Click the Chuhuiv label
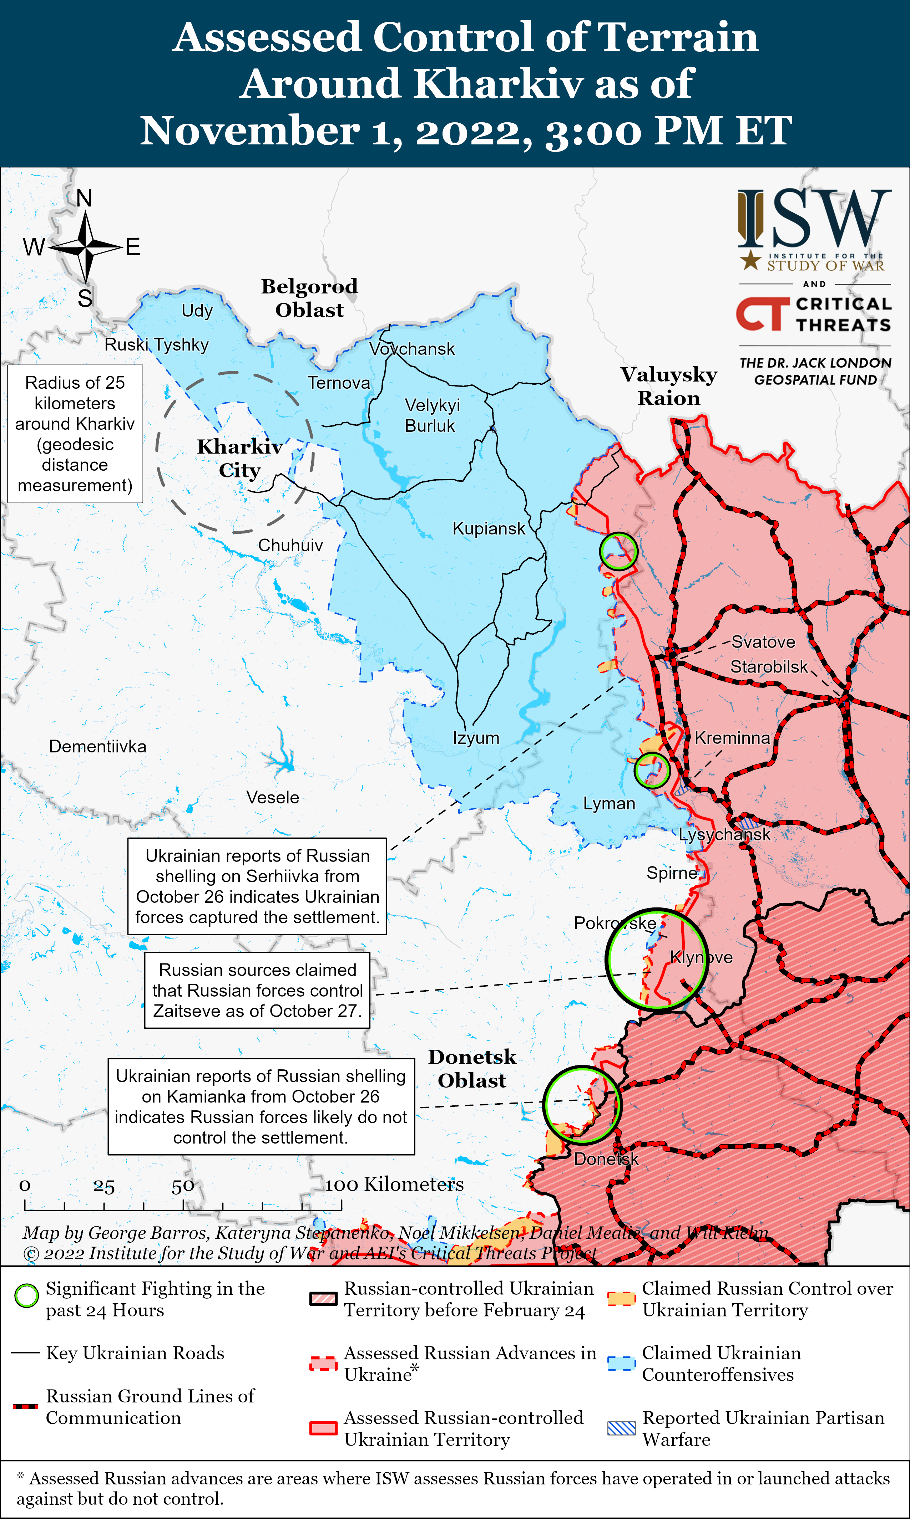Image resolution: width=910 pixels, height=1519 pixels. pyautogui.click(x=290, y=545)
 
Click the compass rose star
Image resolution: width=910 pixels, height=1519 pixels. pyautogui.click(x=86, y=247)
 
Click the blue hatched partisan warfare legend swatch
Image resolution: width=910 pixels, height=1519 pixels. pyautogui.click(x=621, y=1428)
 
